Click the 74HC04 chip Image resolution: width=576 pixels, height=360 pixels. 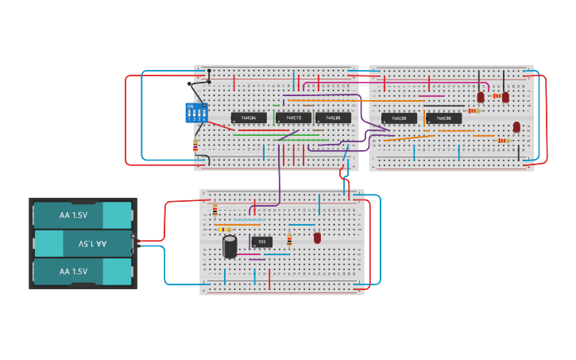coord(249,118)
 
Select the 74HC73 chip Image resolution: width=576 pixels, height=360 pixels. coord(293,118)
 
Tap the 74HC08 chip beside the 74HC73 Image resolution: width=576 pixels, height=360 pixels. coord(333,118)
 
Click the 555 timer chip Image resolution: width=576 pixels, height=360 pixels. coord(262,242)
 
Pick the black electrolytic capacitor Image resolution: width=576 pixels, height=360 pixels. coord(230,246)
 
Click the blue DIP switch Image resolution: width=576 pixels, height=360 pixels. coord(195,112)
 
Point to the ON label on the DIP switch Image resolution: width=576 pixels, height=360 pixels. coord(190,106)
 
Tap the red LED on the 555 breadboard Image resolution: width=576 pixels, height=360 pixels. coord(317,238)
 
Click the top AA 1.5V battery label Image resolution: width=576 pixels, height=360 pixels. coord(73,215)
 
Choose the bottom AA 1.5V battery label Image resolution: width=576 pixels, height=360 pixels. coord(73,271)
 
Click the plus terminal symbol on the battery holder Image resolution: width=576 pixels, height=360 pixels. coord(133,238)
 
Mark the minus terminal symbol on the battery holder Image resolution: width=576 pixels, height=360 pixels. coord(133,245)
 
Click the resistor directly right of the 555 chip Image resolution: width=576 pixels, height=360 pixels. coord(289,239)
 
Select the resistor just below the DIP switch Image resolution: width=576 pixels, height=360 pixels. coord(195,145)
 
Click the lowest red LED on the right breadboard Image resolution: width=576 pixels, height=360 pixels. coord(516,127)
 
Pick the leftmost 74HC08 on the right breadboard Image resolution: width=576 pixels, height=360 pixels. coord(399,118)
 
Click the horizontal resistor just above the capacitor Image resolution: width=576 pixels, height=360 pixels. coord(225,229)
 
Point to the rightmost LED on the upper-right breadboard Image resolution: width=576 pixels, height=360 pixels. coord(505,97)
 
